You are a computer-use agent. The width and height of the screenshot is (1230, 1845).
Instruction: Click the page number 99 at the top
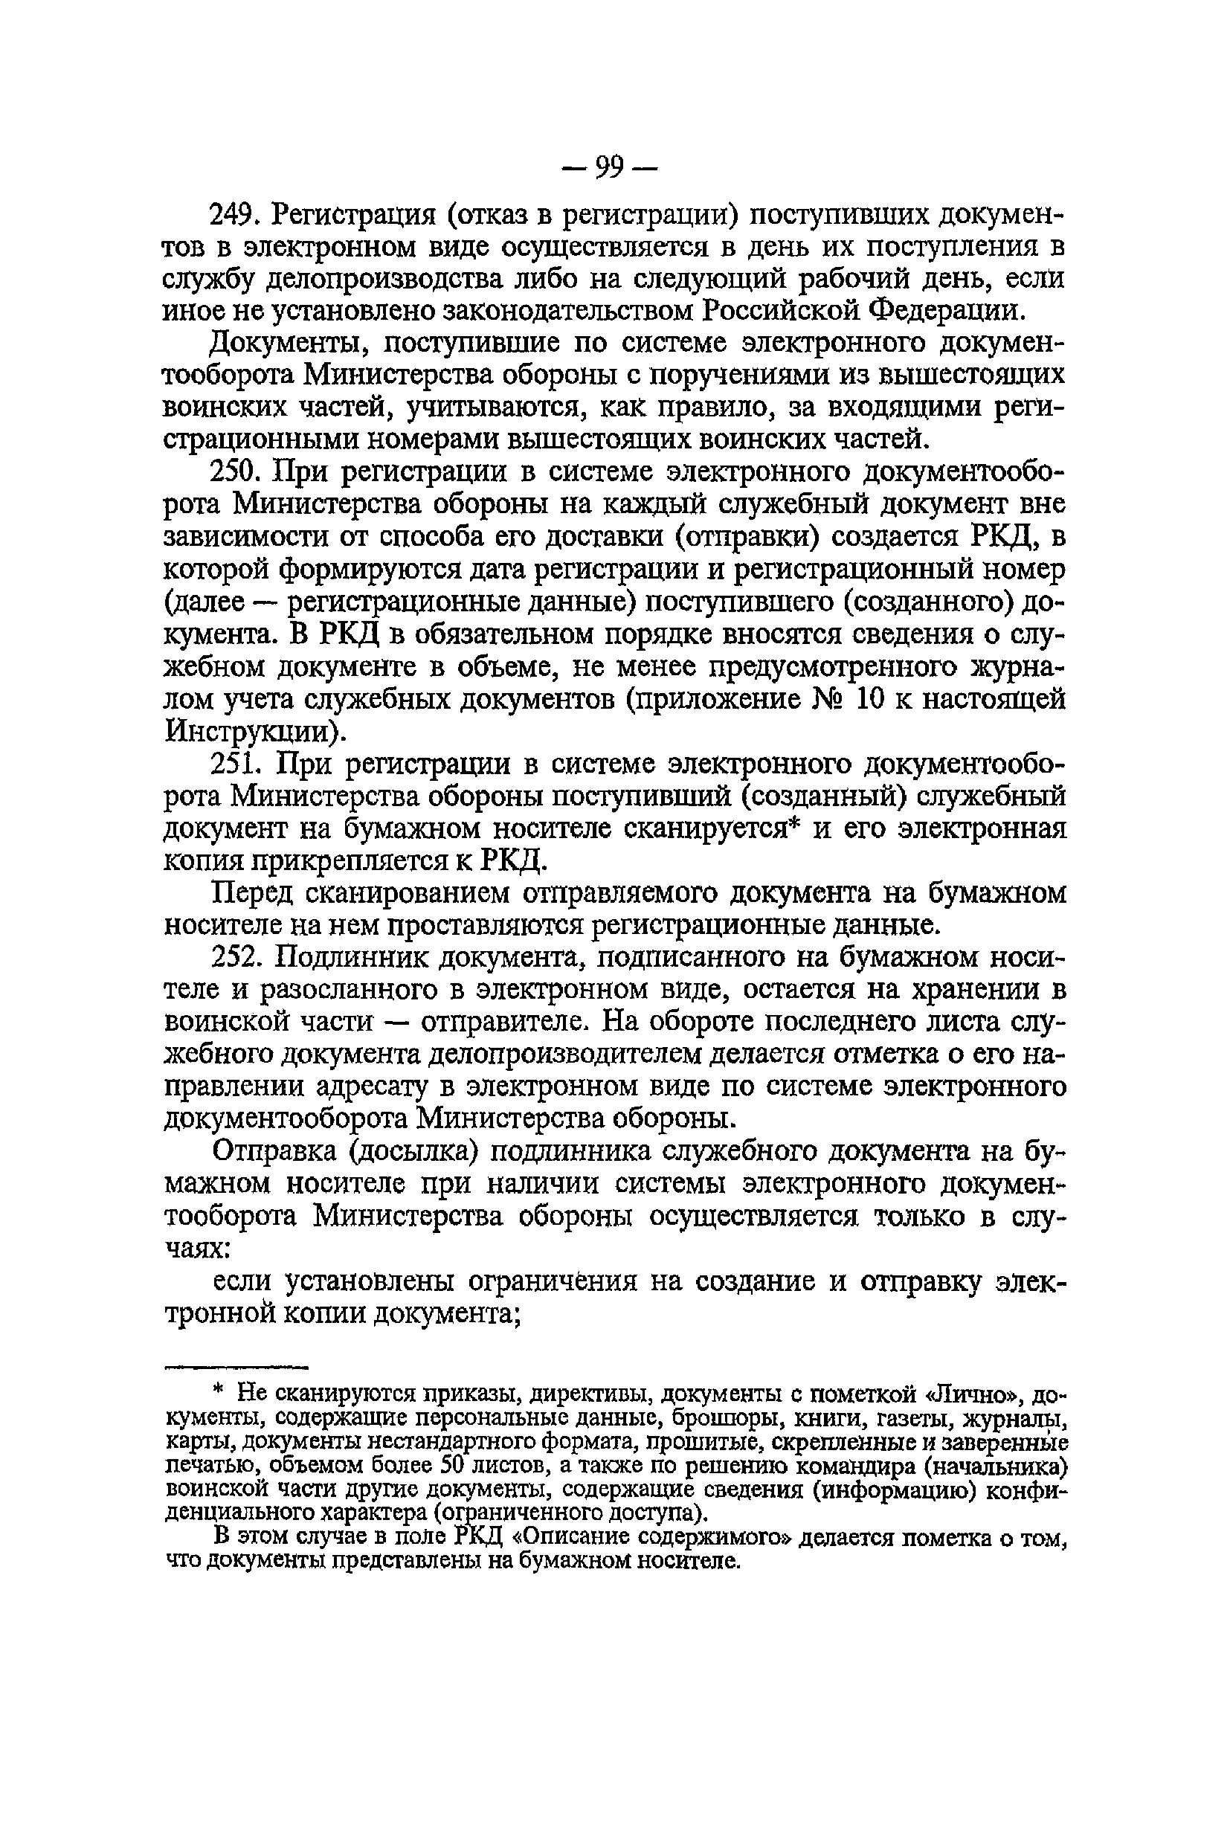609,168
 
